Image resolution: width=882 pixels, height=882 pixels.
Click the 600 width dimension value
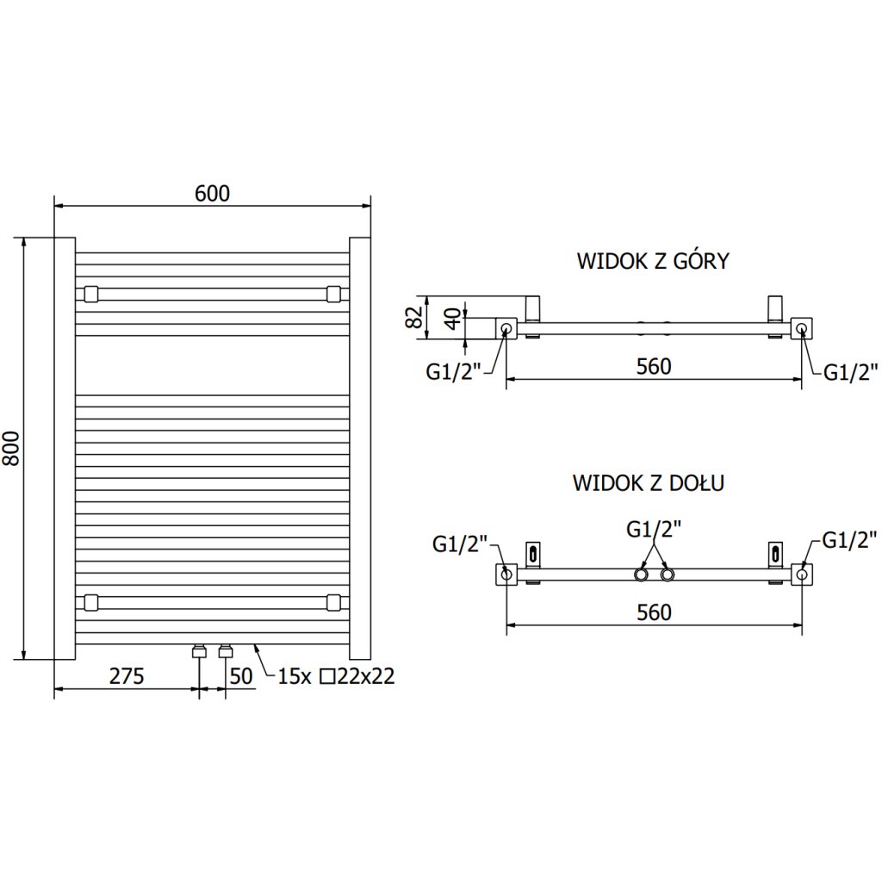click(x=212, y=194)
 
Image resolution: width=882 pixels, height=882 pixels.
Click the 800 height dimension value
click(x=11, y=448)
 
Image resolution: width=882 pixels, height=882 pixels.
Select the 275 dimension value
click(x=127, y=676)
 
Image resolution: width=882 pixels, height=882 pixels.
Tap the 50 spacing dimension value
click(x=242, y=676)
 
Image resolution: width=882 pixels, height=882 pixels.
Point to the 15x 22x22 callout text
click(x=336, y=676)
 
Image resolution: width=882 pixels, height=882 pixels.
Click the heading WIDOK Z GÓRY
click(x=653, y=261)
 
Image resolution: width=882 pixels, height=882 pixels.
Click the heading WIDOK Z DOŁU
click(x=649, y=482)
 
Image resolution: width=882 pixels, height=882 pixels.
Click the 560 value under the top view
click(x=654, y=366)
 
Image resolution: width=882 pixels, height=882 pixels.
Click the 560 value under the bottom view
click(x=654, y=612)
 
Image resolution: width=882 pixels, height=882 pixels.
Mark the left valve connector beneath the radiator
click(x=199, y=650)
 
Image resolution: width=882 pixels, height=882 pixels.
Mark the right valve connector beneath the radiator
click(x=227, y=650)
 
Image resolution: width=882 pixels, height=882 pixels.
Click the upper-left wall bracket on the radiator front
click(x=90, y=294)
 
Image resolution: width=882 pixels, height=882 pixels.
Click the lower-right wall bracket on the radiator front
click(x=334, y=601)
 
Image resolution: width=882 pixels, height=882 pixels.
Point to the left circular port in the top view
click(x=506, y=328)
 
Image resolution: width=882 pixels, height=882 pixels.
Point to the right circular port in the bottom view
click(x=802, y=574)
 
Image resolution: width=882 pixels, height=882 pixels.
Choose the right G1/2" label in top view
click(x=850, y=372)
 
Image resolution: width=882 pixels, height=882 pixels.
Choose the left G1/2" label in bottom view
click(x=460, y=543)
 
